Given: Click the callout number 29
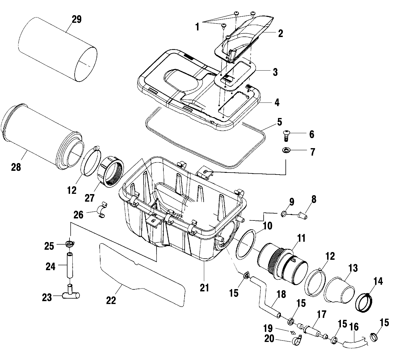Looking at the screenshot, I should coord(76,20).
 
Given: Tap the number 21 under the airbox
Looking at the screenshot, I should coord(204,287).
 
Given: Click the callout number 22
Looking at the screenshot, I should coord(111,300).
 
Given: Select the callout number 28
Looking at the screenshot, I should coord(16,167).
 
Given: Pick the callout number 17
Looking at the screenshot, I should coord(322,315).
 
